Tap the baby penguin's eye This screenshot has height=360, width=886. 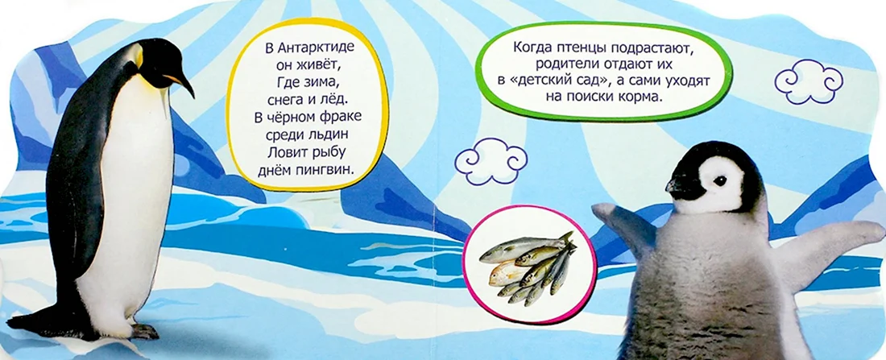click(719, 181)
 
